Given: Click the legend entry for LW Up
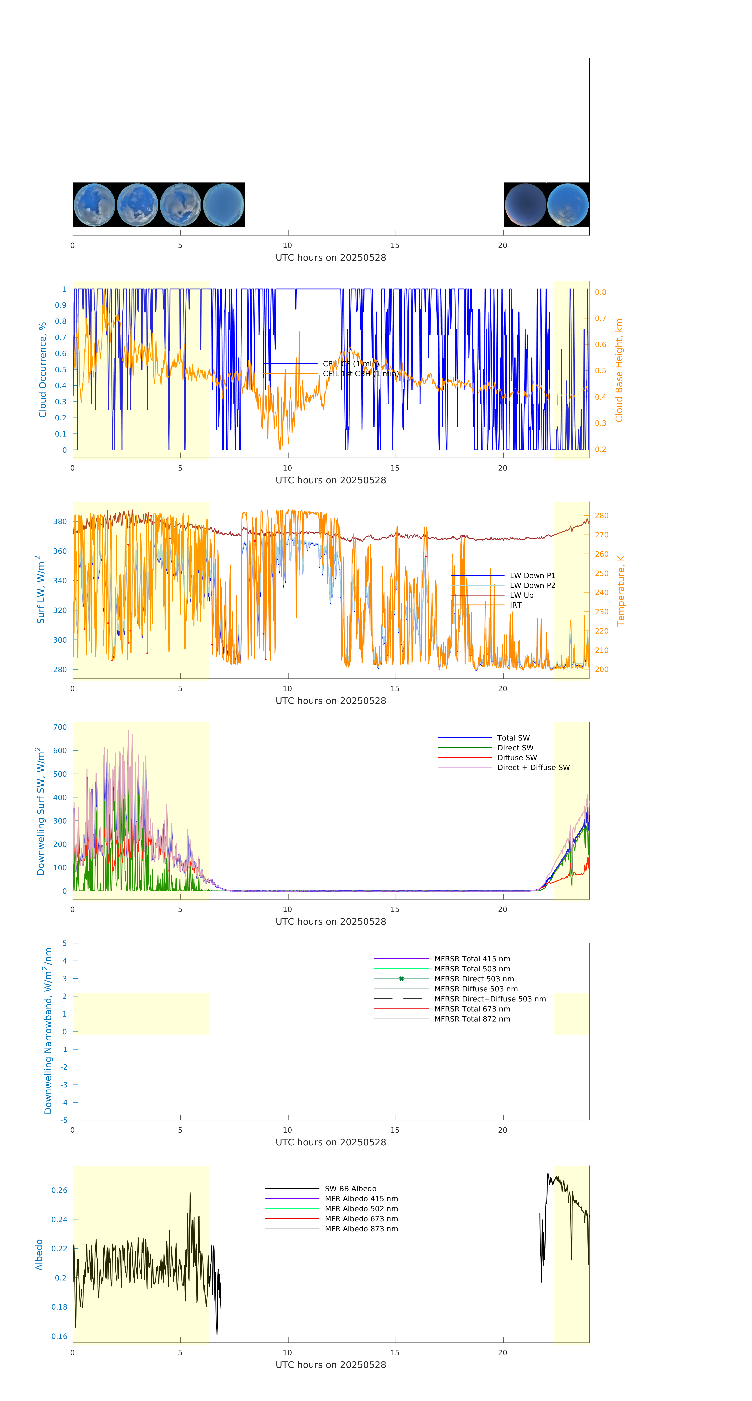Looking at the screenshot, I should [x=521, y=595].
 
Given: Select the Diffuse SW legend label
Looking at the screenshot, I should [x=516, y=758].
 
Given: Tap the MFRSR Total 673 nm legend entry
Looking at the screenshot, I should [x=472, y=1009].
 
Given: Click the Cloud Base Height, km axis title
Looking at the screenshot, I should [x=619, y=370].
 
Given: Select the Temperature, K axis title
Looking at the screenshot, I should [x=620, y=591].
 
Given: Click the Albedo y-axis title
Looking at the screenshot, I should [x=39, y=1254].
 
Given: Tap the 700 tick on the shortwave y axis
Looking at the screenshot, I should [x=60, y=727].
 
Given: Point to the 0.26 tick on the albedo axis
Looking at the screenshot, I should [x=59, y=1190].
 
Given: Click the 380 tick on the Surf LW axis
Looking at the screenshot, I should [x=60, y=522].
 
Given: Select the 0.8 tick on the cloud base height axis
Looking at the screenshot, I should [x=600, y=292].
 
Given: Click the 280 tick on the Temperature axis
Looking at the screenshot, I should [x=601, y=516].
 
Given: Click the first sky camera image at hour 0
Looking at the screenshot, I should [x=94, y=205].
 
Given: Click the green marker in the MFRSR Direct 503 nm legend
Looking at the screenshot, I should [x=401, y=979].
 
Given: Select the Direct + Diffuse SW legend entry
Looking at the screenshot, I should [x=533, y=767].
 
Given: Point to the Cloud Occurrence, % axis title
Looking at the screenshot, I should [x=42, y=370].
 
